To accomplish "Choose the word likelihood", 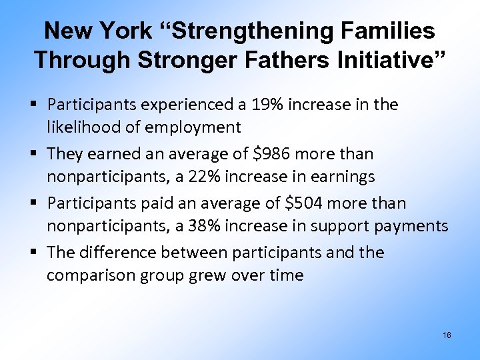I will click(79, 127).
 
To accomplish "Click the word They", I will click(64, 154).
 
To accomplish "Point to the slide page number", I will click(447, 335).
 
